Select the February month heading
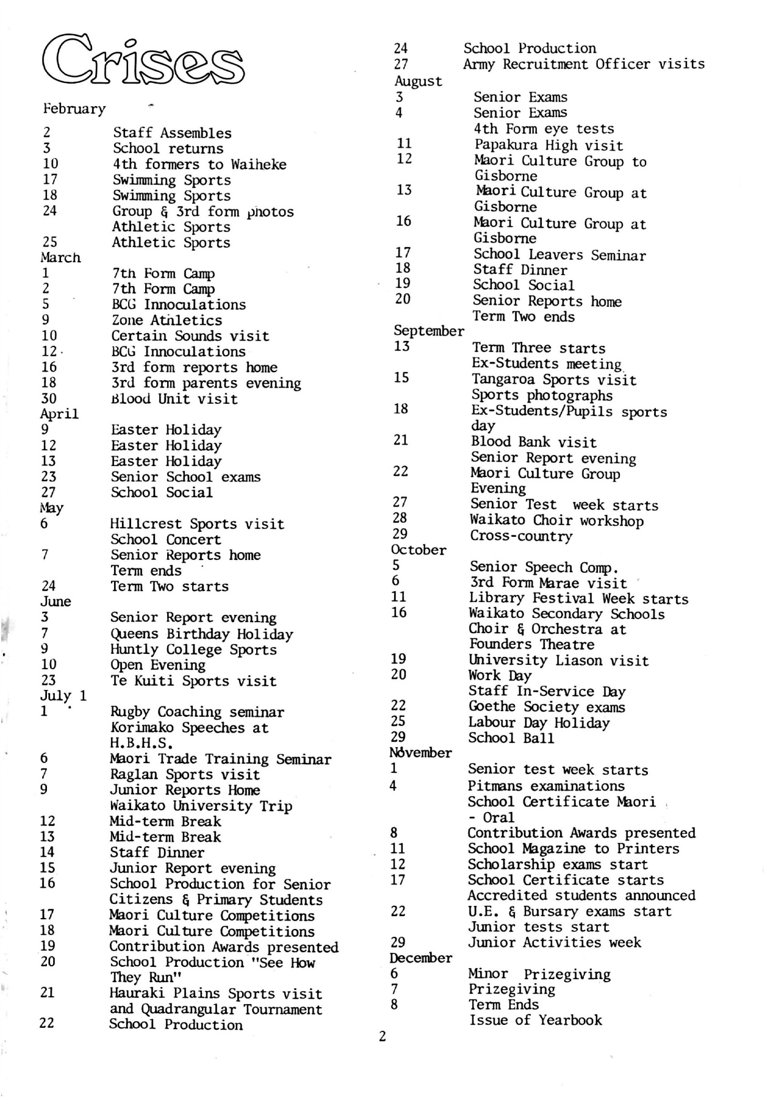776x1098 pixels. [x=74, y=109]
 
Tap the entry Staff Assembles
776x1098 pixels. [x=172, y=133]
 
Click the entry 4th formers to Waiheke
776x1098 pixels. [x=199, y=164]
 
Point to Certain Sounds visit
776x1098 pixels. [x=190, y=336]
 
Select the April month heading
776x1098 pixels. [x=60, y=414]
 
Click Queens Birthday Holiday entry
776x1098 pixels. [x=201, y=634]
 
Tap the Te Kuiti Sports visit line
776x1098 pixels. [x=193, y=681]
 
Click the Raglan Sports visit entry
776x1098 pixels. [x=184, y=775]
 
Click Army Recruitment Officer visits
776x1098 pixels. [x=583, y=64]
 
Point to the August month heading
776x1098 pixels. [x=418, y=81]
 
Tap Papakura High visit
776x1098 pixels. [x=548, y=145]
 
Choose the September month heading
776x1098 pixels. [x=428, y=331]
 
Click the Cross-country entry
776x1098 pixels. [x=520, y=536]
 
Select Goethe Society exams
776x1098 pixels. [x=546, y=707]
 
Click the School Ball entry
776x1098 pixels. [x=511, y=738]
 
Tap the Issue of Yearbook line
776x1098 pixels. [x=535, y=1020]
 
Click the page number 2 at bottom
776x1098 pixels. [x=382, y=1036]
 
